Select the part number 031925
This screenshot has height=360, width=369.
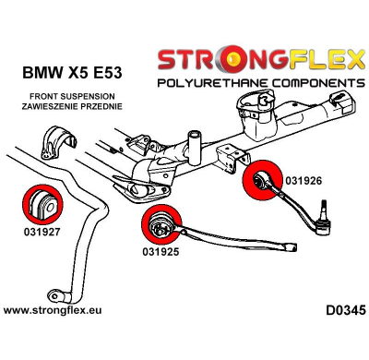(x=162, y=251)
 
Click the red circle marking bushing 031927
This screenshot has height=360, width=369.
(x=40, y=200)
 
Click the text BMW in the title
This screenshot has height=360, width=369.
(x=43, y=70)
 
